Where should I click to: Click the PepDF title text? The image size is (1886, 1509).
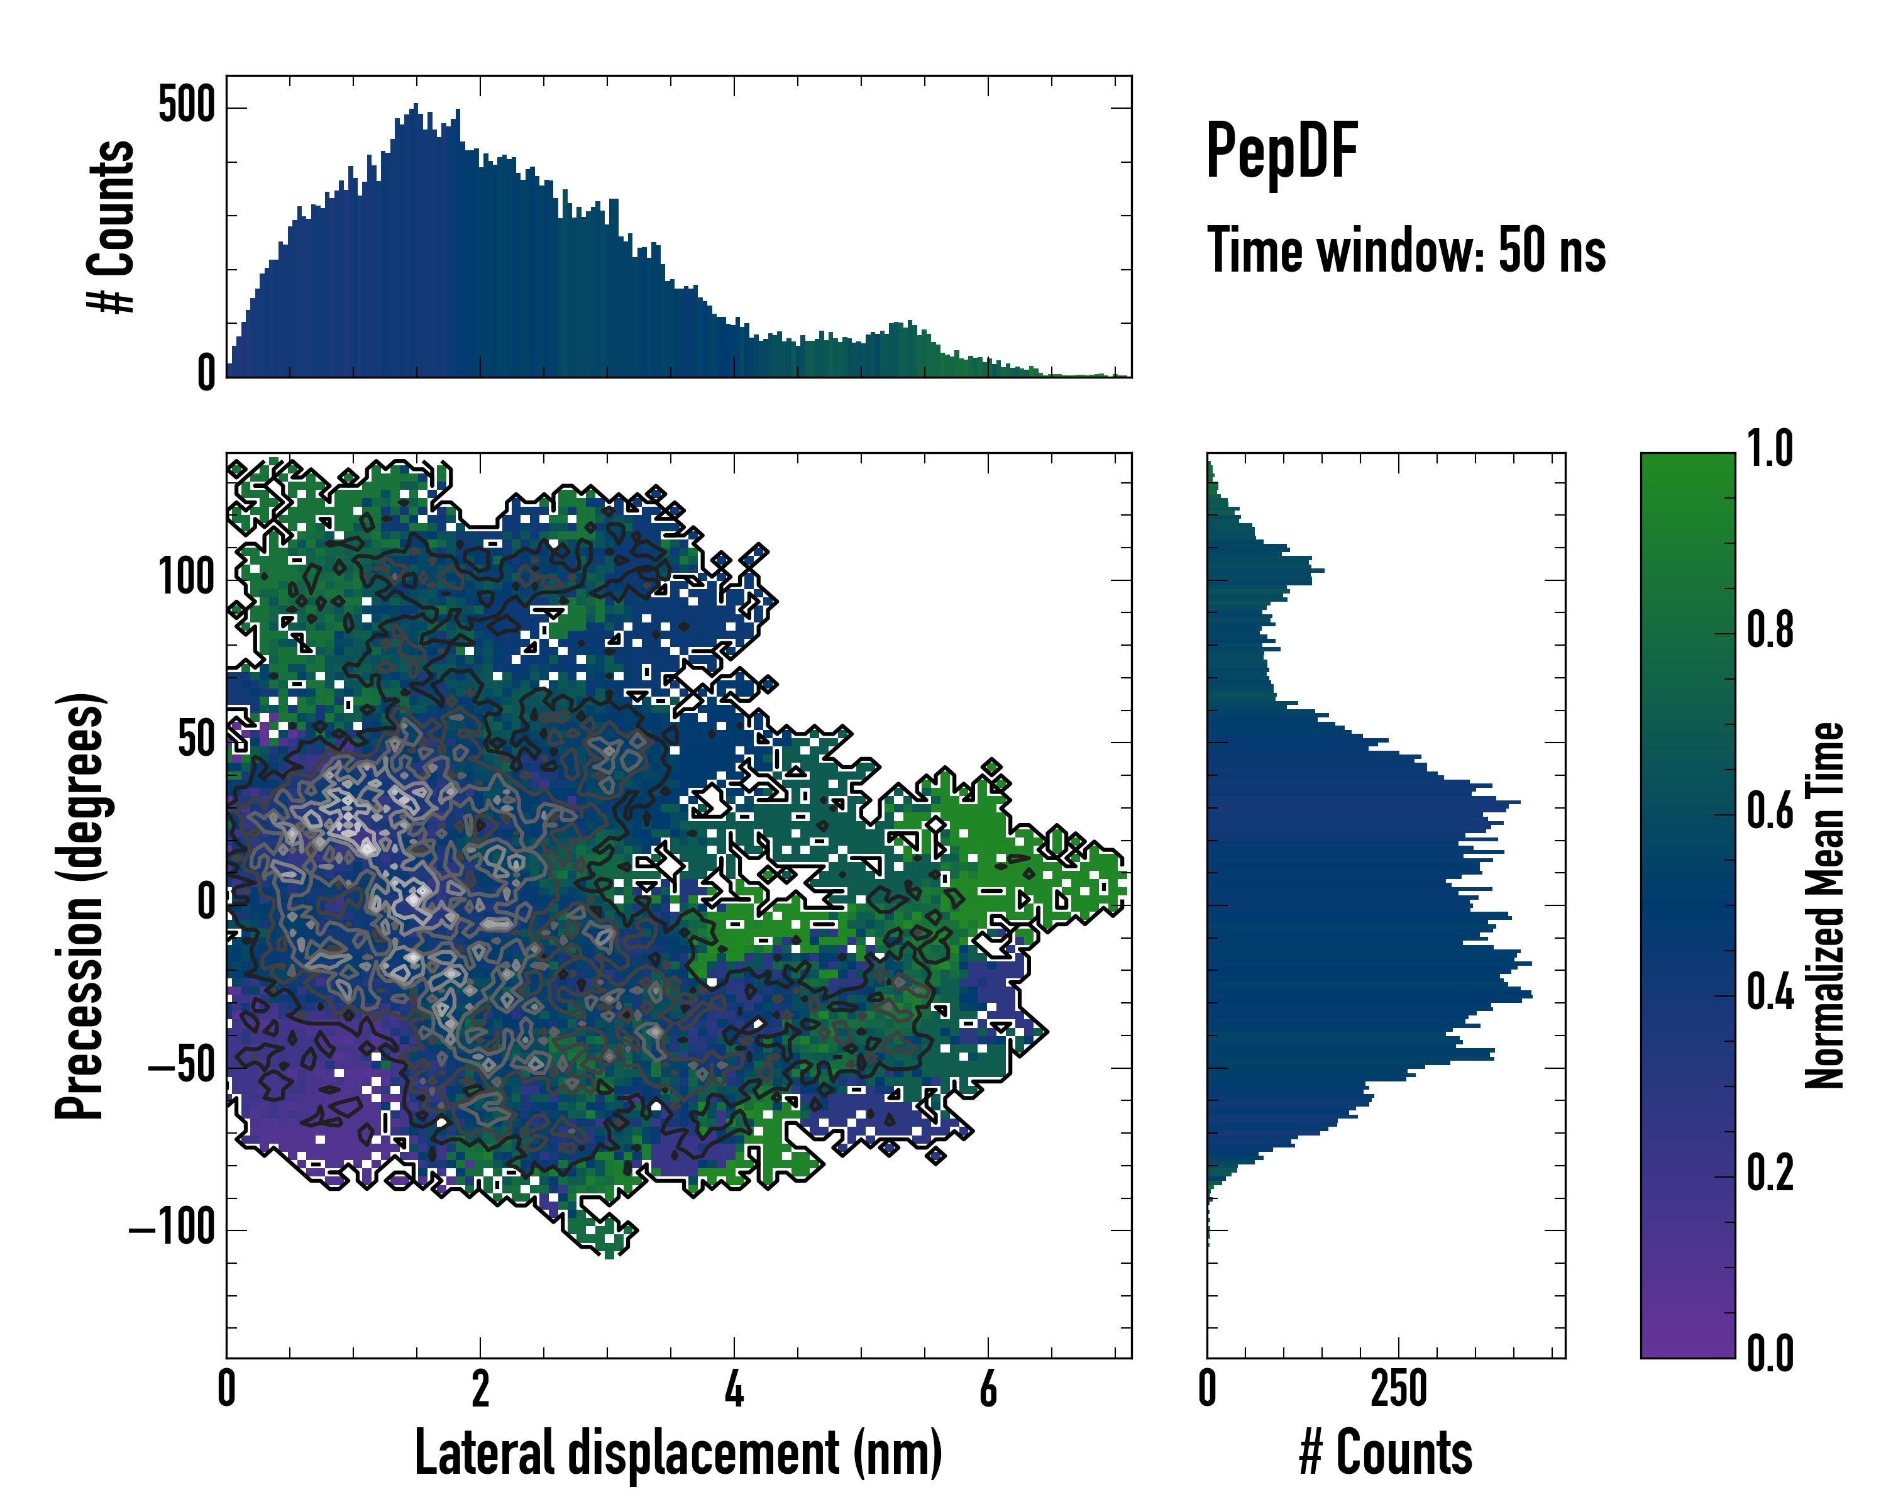click(x=1281, y=152)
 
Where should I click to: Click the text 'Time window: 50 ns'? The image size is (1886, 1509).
click(x=1406, y=250)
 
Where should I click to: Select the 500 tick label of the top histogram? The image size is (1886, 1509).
click(x=186, y=107)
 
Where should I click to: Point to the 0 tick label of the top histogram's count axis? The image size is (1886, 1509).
click(x=206, y=373)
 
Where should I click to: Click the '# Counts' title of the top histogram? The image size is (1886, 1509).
click(x=112, y=226)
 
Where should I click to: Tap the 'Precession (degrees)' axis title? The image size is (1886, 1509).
click(x=80, y=905)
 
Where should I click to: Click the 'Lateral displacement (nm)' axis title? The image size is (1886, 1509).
click(x=678, y=1453)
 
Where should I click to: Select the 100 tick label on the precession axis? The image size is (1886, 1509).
click(x=186, y=578)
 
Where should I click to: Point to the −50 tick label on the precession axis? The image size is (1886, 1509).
click(x=181, y=1066)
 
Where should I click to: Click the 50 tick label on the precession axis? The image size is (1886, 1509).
click(x=197, y=740)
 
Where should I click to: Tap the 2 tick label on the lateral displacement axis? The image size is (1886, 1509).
click(x=480, y=1388)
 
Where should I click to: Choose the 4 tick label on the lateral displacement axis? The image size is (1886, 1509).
click(x=734, y=1388)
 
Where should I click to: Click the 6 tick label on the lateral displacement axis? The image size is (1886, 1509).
click(x=988, y=1388)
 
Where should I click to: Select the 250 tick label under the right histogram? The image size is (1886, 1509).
click(x=1399, y=1388)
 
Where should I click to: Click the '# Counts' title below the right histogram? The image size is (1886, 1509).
click(x=1386, y=1453)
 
